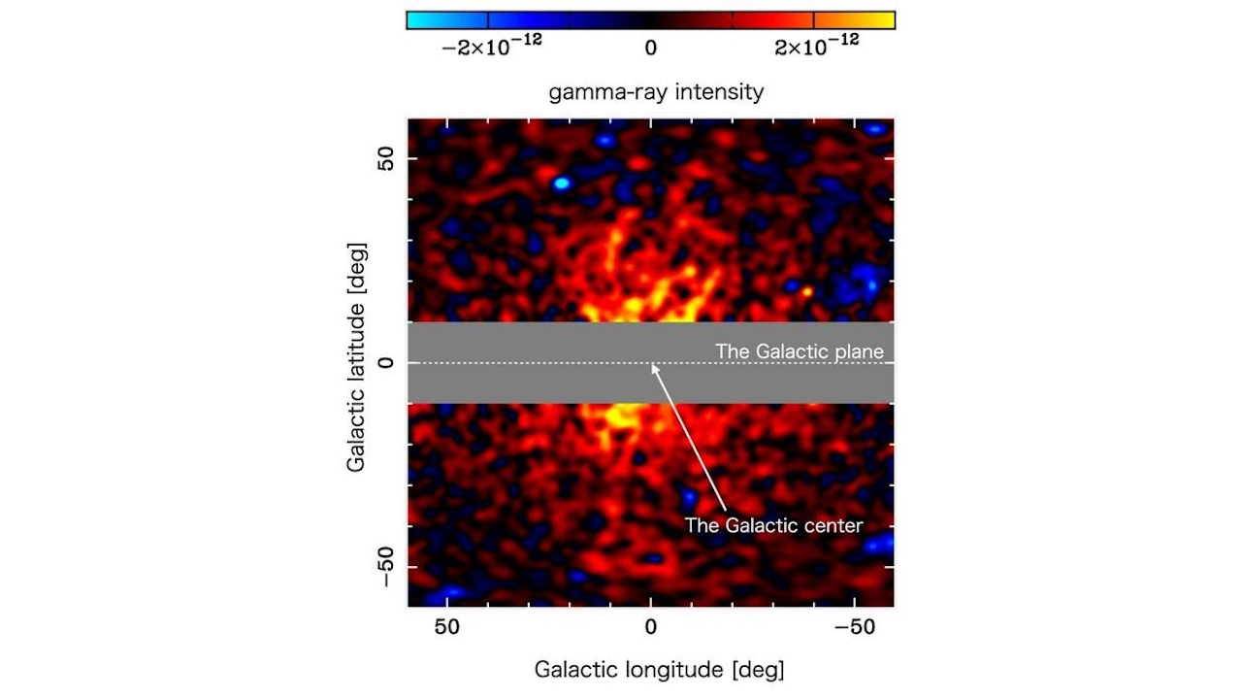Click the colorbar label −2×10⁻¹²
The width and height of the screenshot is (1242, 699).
(x=491, y=49)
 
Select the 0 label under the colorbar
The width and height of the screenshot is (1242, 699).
(x=650, y=49)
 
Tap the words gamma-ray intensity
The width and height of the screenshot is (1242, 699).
(x=656, y=93)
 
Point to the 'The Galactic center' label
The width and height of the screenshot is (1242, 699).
(x=773, y=525)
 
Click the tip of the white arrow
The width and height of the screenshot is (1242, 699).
(x=652, y=365)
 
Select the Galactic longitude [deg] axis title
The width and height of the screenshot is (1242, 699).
(x=659, y=670)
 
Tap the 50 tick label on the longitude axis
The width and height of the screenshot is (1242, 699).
(x=447, y=628)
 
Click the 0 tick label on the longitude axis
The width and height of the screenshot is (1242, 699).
(x=651, y=628)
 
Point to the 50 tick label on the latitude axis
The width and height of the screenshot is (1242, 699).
(x=386, y=159)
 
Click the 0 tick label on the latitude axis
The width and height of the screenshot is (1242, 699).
(x=386, y=363)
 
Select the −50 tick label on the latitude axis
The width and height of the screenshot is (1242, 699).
(x=386, y=565)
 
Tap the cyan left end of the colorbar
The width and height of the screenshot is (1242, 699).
(x=427, y=20)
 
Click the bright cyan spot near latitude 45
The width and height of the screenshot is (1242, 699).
(x=561, y=183)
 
